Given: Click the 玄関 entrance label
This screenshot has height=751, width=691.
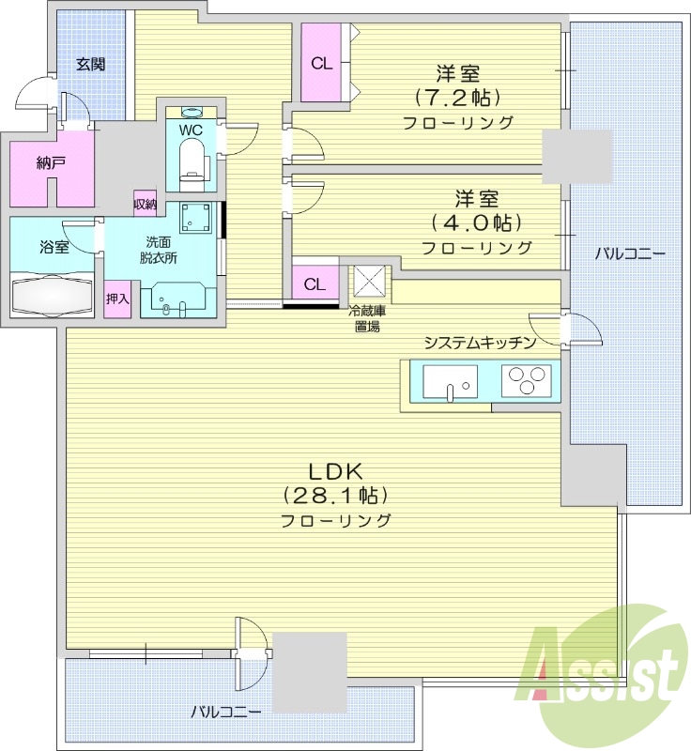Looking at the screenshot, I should [91, 65].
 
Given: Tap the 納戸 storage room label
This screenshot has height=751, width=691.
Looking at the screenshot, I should [51, 163].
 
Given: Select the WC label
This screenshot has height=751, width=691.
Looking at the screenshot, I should [191, 129].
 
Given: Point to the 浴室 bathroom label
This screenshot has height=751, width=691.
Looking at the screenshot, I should [54, 247].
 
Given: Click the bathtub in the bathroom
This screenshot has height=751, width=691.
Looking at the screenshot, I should [53, 296].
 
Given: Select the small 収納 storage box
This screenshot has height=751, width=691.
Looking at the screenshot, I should [145, 204].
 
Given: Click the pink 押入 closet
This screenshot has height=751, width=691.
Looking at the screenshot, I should [117, 299].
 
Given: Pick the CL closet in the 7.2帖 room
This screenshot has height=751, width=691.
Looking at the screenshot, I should [322, 64].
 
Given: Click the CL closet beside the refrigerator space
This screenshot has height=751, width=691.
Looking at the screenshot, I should [315, 284].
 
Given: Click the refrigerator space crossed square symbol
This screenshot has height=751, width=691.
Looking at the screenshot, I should [367, 282].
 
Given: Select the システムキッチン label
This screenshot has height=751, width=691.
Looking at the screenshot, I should [479, 343].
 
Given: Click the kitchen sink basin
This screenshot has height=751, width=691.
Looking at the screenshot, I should [450, 381].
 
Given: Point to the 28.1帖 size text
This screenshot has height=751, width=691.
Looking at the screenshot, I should [335, 495].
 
